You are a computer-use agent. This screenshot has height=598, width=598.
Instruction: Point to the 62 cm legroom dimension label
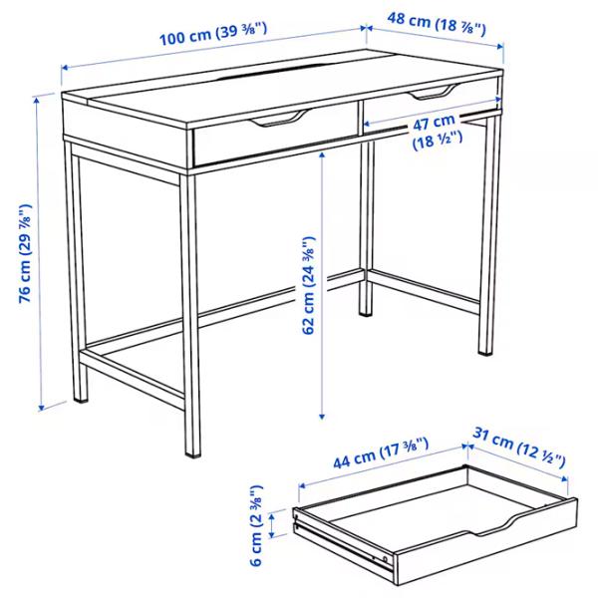coord(308,284)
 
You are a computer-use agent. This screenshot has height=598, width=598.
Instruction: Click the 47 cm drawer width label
coord(438,133)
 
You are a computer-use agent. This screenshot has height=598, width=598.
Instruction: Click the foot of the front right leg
coord(485,352)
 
